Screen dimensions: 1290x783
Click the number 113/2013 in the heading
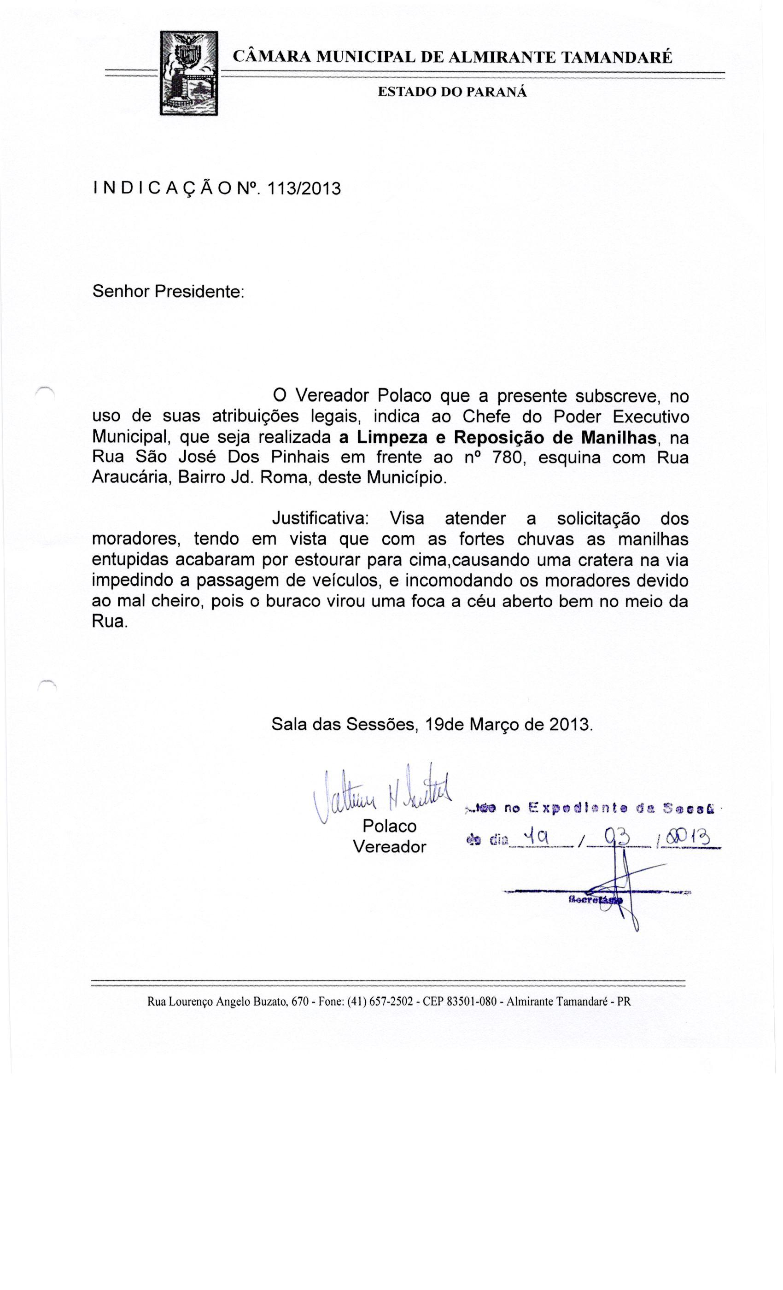304,188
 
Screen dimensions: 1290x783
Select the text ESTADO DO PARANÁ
452,92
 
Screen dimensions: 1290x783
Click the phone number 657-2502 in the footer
391,1002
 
